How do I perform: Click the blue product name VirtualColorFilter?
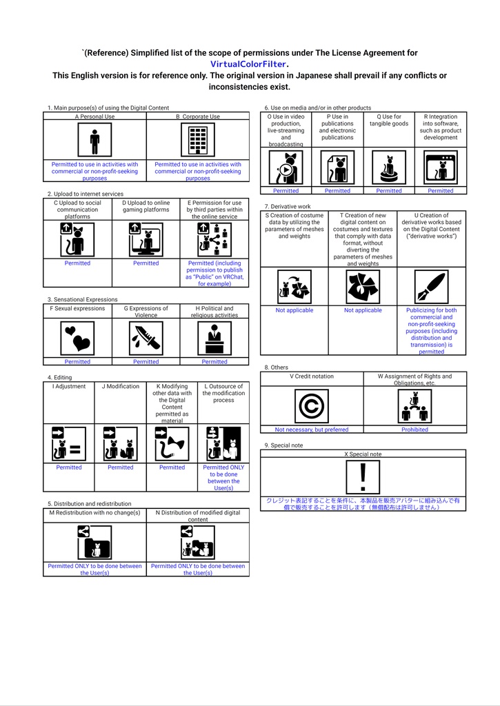(x=248, y=64)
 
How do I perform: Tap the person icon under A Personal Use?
(x=94, y=140)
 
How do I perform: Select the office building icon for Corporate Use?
(x=198, y=140)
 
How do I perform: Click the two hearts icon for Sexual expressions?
(x=77, y=339)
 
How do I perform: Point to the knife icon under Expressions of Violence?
(x=146, y=339)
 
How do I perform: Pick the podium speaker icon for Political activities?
(x=214, y=339)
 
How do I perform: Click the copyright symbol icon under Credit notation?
(x=312, y=406)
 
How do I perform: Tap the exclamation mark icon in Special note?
(x=363, y=477)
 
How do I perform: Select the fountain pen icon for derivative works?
(x=432, y=287)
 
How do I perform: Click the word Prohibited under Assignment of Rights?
(x=415, y=430)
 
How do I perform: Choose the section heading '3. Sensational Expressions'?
(x=83, y=299)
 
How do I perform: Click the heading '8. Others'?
(x=276, y=367)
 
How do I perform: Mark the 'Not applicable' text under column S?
(x=294, y=310)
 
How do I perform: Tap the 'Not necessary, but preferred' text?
(x=312, y=430)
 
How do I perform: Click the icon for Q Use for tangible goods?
(x=389, y=168)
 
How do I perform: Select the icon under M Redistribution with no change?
(x=94, y=543)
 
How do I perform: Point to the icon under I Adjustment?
(x=69, y=443)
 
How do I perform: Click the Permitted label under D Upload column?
(x=146, y=263)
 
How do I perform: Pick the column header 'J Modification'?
(x=120, y=386)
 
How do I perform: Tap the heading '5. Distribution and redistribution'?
(x=89, y=504)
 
